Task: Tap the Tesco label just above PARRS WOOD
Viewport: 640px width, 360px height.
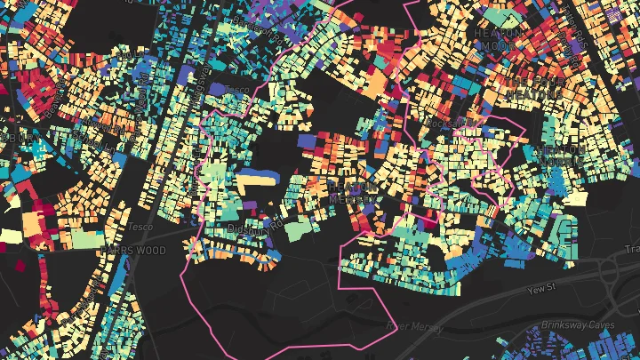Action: (x=140, y=228)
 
